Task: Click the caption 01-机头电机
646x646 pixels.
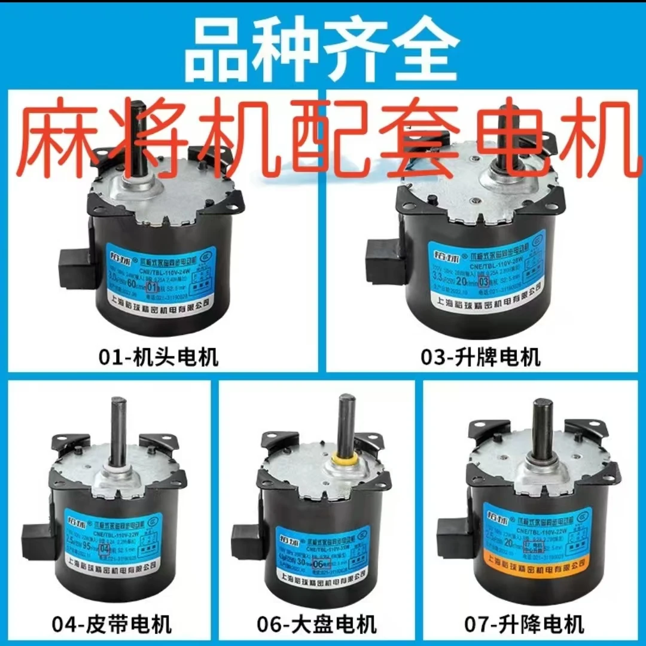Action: (159, 358)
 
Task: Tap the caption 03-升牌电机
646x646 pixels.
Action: (481, 358)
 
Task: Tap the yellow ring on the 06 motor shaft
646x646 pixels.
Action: (345, 459)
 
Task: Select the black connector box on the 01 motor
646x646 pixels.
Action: (75, 264)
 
